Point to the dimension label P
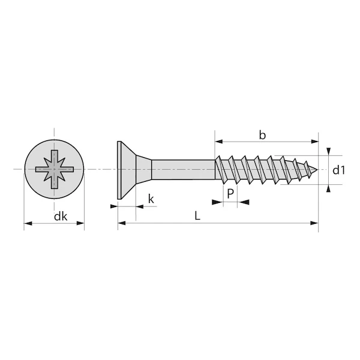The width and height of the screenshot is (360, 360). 230,193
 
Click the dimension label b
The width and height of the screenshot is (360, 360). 262,134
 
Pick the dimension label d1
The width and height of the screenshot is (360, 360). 340,170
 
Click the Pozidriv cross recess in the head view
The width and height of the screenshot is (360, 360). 54,170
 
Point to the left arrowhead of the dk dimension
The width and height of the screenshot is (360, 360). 28,224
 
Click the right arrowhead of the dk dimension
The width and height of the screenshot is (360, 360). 81,224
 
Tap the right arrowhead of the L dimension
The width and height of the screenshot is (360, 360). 314,223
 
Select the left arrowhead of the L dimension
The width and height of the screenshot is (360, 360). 121,223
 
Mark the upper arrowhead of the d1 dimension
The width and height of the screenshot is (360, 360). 328,151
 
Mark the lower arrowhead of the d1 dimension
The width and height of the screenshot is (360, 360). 328,188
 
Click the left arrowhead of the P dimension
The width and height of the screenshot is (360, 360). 219,203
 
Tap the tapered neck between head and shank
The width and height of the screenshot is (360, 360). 143,170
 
